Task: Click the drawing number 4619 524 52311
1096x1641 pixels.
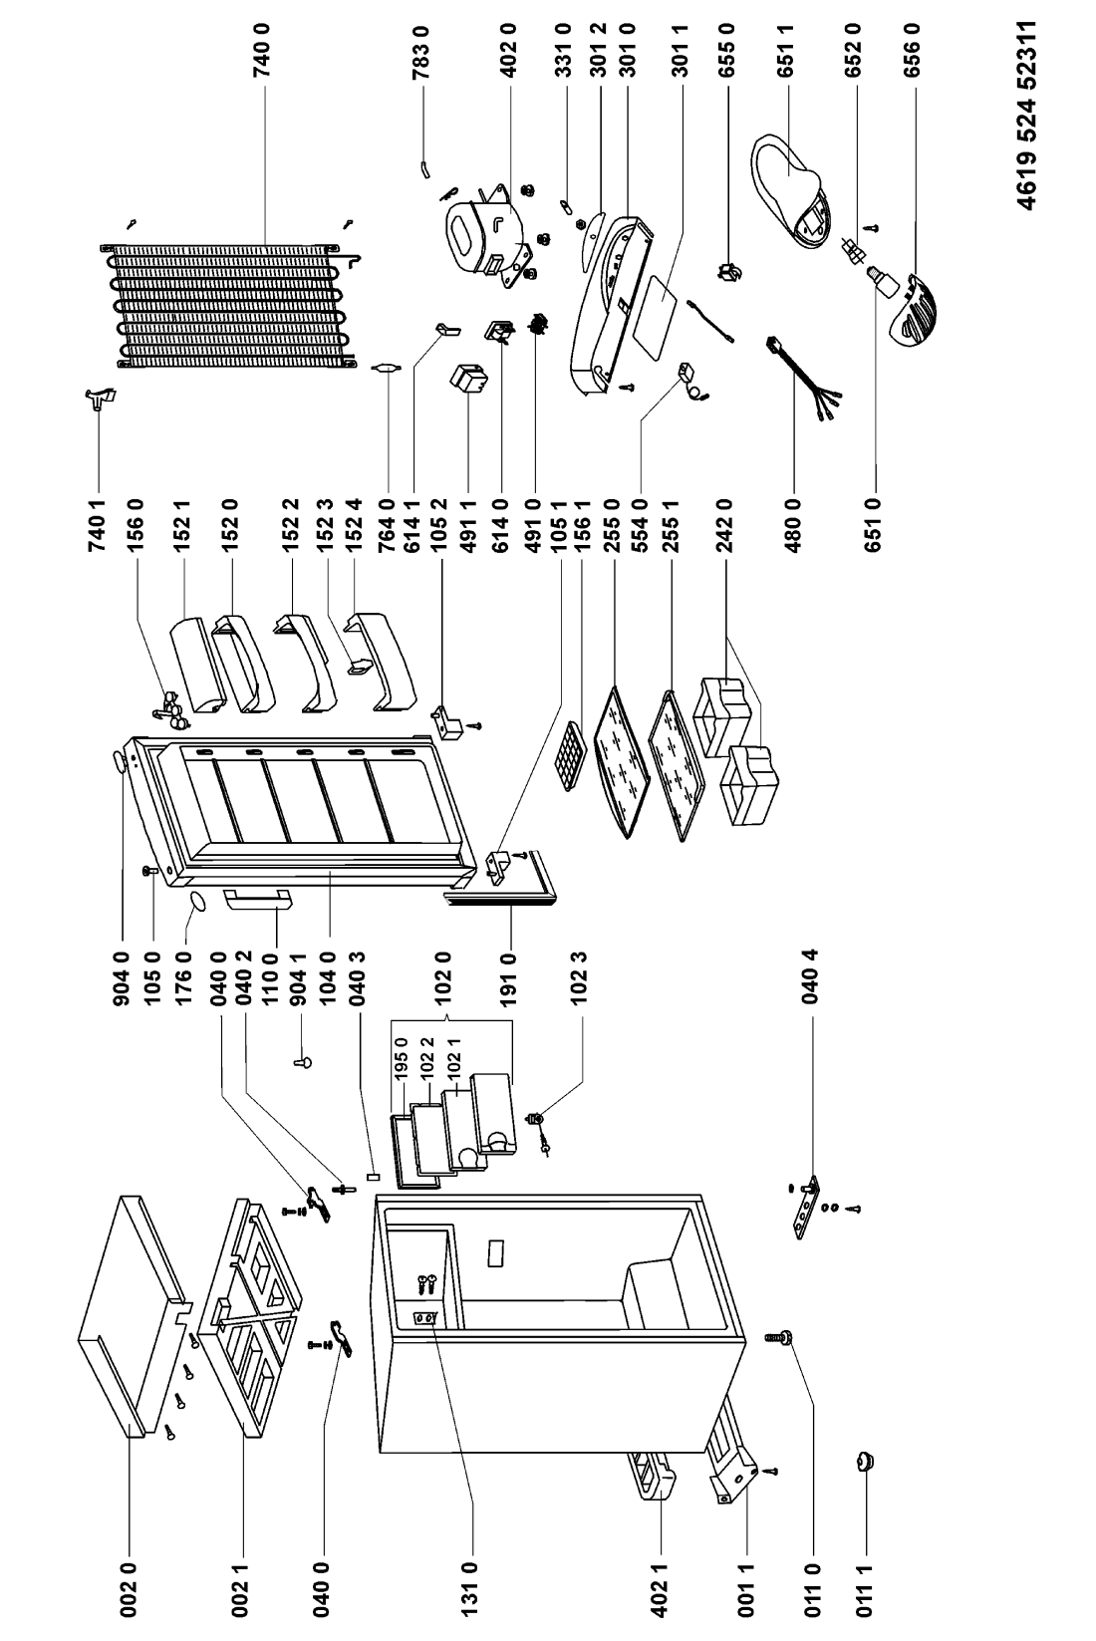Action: click(x=1028, y=115)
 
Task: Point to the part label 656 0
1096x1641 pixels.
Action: click(x=912, y=50)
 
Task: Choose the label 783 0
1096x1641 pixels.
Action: click(x=422, y=50)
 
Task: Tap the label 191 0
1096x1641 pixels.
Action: click(x=510, y=978)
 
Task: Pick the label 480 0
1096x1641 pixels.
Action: click(x=794, y=524)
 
